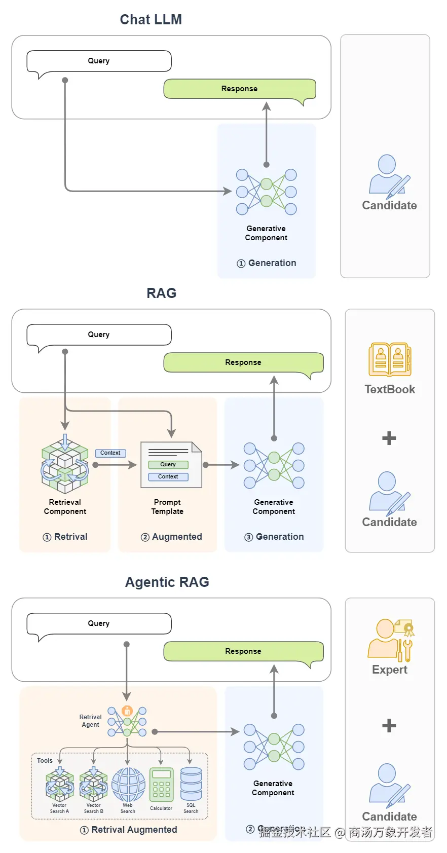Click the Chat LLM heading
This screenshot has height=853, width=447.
coord(151,20)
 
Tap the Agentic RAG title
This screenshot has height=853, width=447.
coord(167,582)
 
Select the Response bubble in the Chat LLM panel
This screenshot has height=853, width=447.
coord(239,89)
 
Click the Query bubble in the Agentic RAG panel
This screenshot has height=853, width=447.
coord(99,623)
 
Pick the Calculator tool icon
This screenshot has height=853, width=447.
coord(161,785)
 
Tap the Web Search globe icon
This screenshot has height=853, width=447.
coord(128,784)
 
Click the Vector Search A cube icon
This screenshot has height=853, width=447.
coord(60,784)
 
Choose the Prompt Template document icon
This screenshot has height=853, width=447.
coord(171,465)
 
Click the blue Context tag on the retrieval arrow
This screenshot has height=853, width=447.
coord(110,453)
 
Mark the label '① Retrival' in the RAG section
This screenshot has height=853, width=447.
coord(65,537)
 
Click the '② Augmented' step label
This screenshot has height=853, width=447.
coord(171,537)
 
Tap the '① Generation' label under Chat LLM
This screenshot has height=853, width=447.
coord(267,263)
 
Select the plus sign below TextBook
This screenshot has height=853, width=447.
coord(389,438)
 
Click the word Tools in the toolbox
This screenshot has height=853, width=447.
coord(45,761)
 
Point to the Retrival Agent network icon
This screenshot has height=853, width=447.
coord(127,721)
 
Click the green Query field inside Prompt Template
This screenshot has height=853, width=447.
coord(168,464)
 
